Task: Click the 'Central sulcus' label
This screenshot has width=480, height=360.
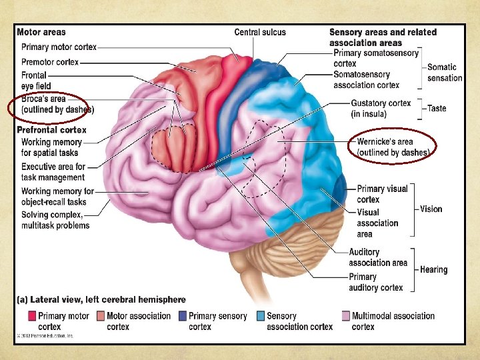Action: point(260,32)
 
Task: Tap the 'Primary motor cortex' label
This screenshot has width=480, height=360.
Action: point(59,47)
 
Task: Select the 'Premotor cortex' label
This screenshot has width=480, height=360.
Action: point(50,62)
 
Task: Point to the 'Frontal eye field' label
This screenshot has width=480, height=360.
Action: point(35,81)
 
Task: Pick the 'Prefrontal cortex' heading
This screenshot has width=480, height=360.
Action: point(51,130)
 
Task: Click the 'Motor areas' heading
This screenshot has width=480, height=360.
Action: point(41,32)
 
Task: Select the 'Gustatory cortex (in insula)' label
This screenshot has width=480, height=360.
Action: point(381,109)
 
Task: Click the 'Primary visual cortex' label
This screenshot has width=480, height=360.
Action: point(382,194)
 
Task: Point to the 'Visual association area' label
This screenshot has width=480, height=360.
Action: point(377,223)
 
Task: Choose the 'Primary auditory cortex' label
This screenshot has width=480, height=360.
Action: point(376,282)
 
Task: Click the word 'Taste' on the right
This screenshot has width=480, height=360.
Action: point(437,109)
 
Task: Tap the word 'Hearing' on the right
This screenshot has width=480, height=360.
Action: point(434,270)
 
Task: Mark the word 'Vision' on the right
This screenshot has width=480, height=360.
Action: point(431,209)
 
